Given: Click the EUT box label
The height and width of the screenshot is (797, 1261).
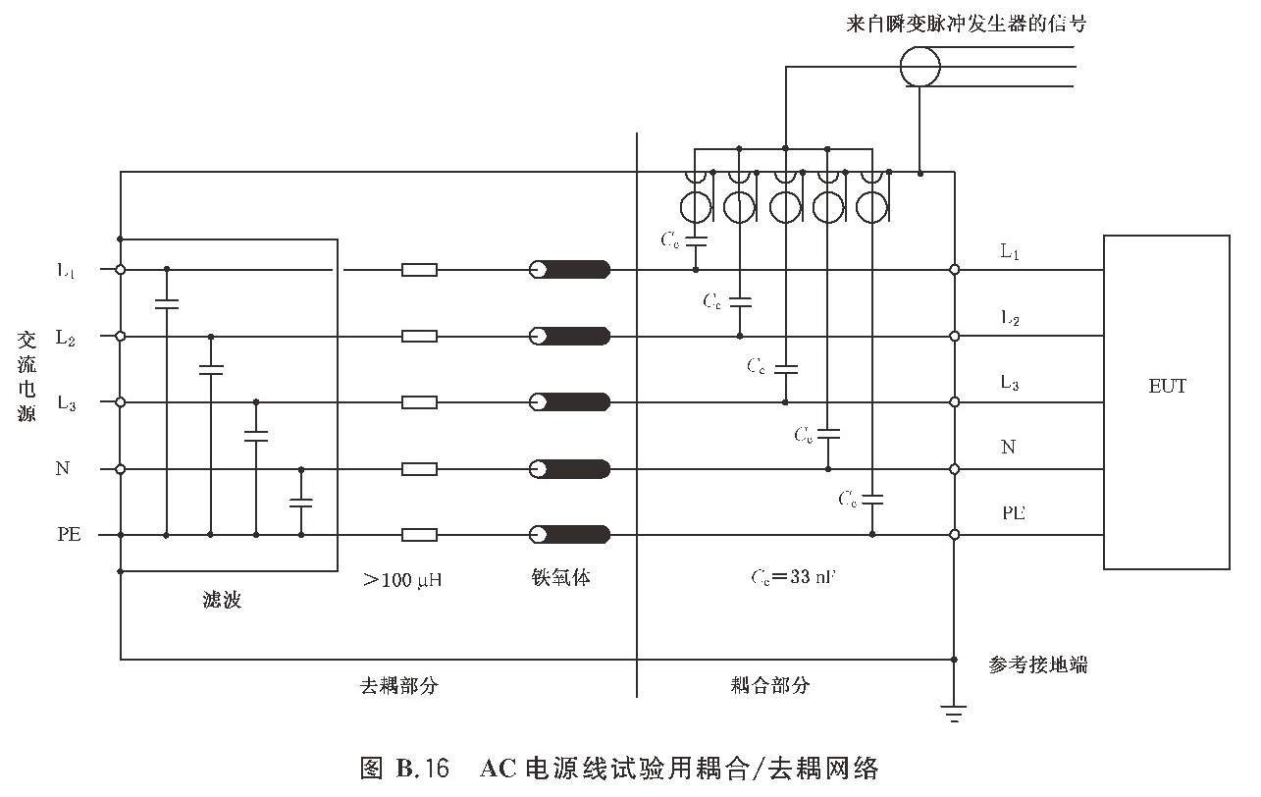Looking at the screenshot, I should coord(1167,386).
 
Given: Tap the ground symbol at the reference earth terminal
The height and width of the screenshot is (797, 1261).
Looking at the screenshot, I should coord(954,713).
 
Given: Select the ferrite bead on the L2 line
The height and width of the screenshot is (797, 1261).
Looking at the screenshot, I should coord(570,337).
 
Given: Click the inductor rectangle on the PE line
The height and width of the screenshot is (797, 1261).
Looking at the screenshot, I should coord(419,535).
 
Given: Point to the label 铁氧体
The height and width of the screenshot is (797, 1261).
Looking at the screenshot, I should coord(555,578).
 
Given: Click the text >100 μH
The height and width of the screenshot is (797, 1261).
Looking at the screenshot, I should coord(402,580).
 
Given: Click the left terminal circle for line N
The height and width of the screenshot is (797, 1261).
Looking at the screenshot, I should coord(121,469).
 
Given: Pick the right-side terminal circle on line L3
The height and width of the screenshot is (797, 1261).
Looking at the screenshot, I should coord(954,402).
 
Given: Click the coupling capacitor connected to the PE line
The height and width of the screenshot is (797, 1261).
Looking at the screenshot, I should coord(872,500).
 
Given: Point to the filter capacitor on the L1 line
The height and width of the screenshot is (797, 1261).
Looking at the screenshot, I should coord(167,303).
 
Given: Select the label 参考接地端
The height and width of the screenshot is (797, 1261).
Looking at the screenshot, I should coord(1038,664).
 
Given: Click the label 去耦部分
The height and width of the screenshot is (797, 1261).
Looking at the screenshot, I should coord(399,685).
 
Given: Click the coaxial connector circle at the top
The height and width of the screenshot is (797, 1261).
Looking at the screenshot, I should coord(920,66).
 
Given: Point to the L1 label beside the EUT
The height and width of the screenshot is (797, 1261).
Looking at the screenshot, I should coord(1010,252).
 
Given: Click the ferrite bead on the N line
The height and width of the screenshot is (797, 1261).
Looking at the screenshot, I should coord(570,469).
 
